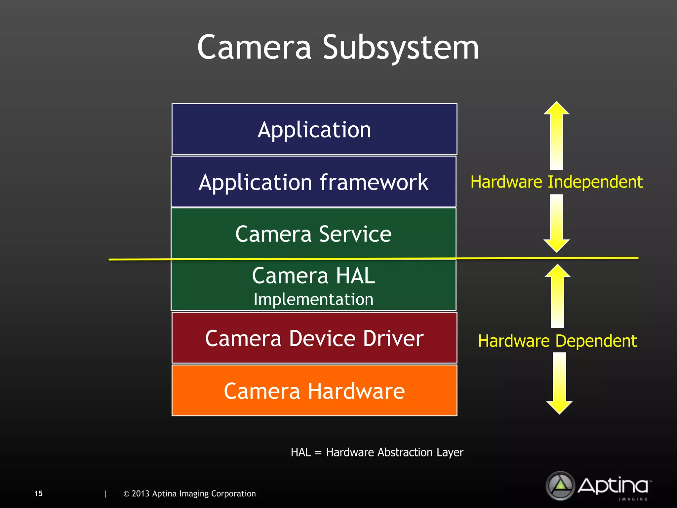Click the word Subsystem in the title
coord(400,48)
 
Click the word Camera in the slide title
coord(254,48)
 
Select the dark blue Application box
coord(314,129)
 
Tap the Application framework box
coord(313,182)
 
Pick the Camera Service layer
coord(313,233)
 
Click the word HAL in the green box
coord(355,275)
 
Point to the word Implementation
coord(313,299)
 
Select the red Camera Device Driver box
coord(314,338)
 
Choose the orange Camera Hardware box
coord(314,391)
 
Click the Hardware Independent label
coord(556,182)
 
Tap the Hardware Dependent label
coord(557,341)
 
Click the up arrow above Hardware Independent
coord(557,136)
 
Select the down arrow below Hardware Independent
coord(557,223)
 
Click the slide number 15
coord(38,493)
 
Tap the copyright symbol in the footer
coord(126,494)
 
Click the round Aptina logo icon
coord(560,485)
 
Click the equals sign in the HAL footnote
coord(318,452)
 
